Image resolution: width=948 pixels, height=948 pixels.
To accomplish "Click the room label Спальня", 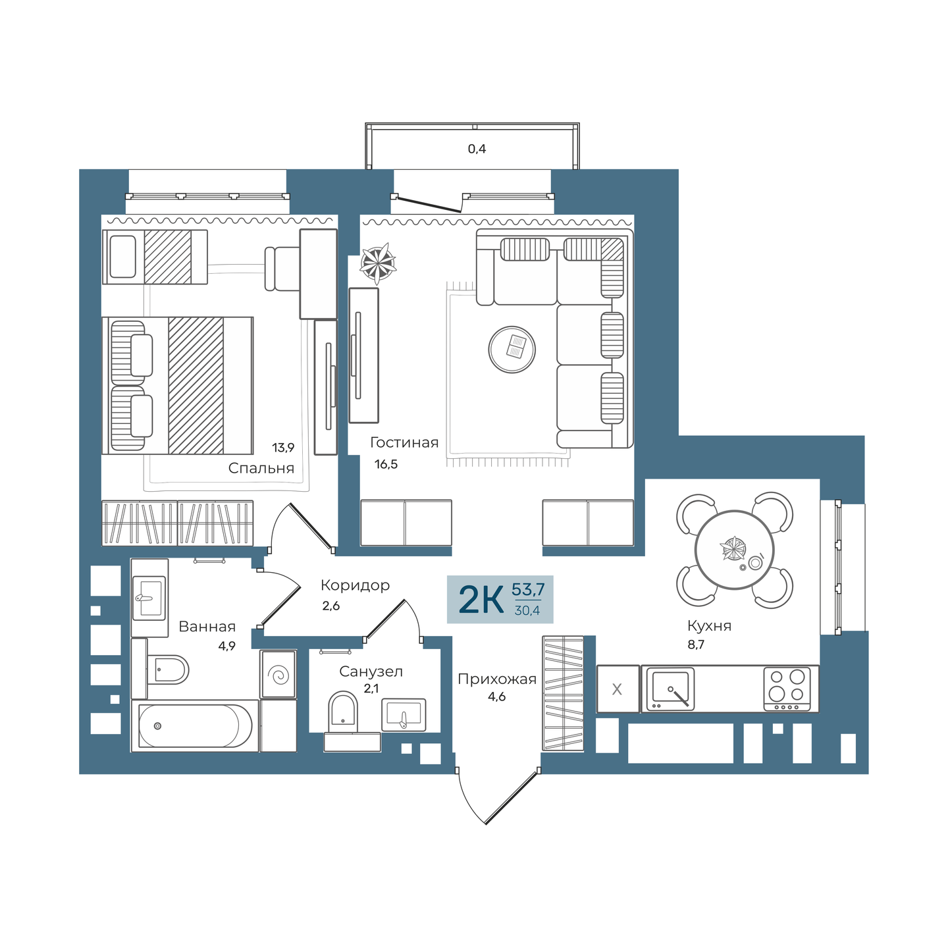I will point(261,468).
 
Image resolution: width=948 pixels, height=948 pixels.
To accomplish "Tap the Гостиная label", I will point(404,442).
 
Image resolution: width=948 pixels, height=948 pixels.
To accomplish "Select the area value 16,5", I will point(386,464).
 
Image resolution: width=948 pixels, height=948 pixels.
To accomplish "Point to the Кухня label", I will point(709,625).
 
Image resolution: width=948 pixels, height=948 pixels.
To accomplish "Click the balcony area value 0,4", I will point(477,149).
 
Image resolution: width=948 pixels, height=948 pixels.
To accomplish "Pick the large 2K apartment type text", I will point(481,600).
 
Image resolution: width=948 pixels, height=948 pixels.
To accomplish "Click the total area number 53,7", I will point(528,589).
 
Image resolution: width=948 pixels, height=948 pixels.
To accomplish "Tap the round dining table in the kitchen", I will point(734,550).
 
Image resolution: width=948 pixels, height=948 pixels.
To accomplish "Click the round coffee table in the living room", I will point(512,349).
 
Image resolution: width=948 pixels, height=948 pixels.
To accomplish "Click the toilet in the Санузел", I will point(342,711).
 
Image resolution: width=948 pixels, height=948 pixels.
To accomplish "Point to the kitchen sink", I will point(670,689).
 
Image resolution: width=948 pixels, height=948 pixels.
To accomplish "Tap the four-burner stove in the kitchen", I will point(787,688).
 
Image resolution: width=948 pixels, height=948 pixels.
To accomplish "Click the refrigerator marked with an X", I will point(618,689).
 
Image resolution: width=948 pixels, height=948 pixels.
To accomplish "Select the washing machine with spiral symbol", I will point(278,674).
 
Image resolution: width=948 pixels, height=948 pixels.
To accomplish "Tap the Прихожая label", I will point(497,679).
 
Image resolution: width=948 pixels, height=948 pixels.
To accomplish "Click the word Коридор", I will point(355,585).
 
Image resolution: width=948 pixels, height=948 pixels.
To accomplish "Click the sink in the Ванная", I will point(149,598).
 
